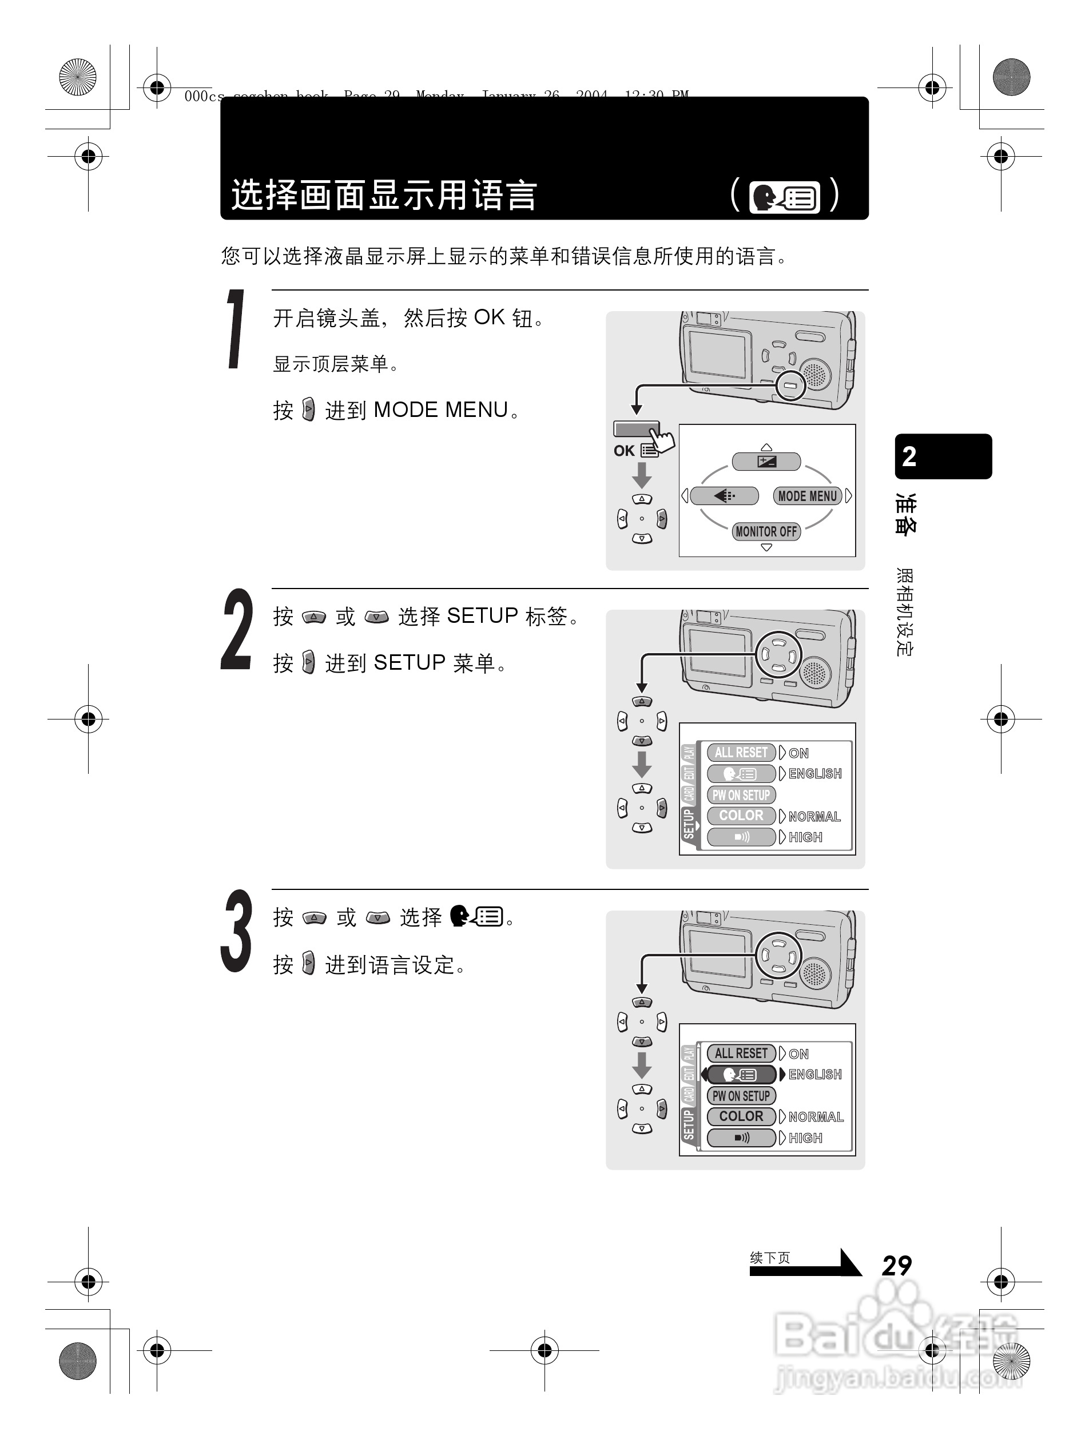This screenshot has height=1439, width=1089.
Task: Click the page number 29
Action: (896, 1265)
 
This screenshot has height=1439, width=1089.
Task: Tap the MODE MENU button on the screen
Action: (808, 496)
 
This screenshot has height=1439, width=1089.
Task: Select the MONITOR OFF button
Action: (766, 531)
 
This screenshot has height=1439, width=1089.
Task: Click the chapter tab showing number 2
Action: (943, 456)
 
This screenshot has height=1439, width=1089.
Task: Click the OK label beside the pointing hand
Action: (624, 451)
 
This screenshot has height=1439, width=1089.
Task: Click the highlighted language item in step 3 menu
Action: (741, 1075)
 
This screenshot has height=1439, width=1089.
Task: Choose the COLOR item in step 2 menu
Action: (741, 816)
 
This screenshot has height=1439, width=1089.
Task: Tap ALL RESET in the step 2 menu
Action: (741, 753)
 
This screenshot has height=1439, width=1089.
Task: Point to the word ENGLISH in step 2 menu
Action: (814, 773)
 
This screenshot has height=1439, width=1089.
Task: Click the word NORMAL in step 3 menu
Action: (815, 1117)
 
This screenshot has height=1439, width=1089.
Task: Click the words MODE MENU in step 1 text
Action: (440, 410)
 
